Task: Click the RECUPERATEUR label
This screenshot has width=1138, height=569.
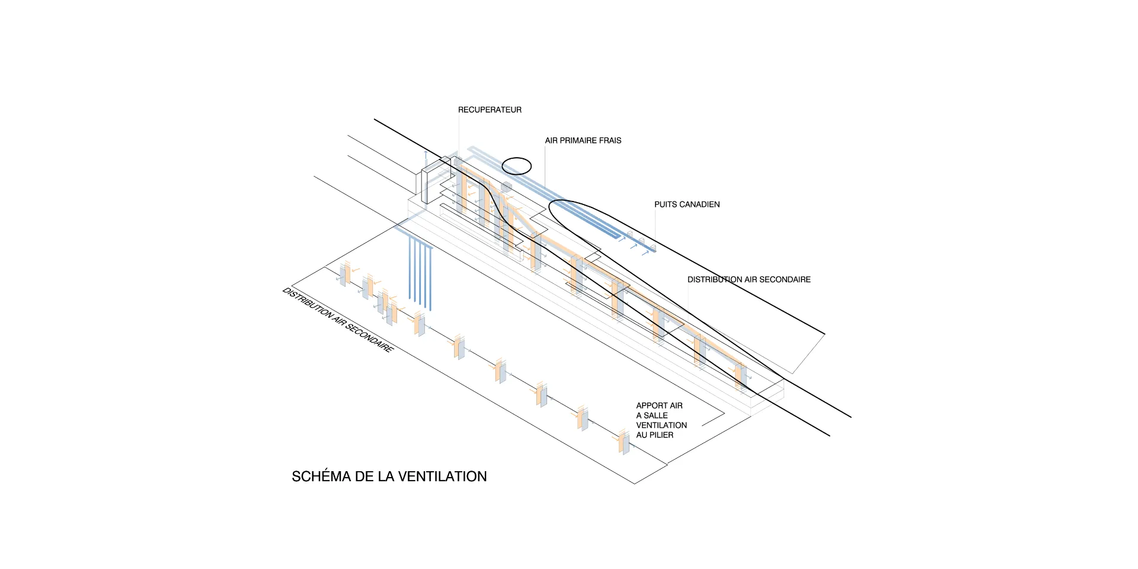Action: (x=490, y=110)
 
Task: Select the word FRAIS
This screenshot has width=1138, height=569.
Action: (x=610, y=140)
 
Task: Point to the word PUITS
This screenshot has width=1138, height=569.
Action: (x=666, y=204)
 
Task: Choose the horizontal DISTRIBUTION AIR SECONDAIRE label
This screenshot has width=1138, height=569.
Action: (x=749, y=280)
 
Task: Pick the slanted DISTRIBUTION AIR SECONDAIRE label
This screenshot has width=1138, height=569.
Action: (x=337, y=320)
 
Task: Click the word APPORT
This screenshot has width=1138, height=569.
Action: (x=651, y=406)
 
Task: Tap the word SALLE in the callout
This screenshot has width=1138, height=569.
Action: (x=656, y=415)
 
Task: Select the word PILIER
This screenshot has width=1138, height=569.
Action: (x=661, y=435)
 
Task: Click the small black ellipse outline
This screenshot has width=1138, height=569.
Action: (x=517, y=166)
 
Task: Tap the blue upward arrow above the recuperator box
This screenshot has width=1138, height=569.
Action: (x=425, y=157)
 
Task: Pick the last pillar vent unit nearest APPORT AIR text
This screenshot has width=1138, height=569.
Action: (x=624, y=442)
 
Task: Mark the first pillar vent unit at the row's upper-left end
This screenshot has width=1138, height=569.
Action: (x=343, y=274)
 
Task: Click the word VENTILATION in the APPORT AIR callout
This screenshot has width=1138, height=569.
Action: (x=661, y=426)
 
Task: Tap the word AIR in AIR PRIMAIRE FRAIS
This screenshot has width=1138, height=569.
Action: (x=551, y=140)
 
